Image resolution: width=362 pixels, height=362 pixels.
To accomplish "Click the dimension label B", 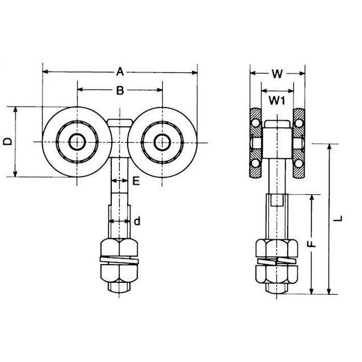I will (x=119, y=91).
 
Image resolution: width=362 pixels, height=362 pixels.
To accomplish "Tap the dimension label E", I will (x=136, y=180).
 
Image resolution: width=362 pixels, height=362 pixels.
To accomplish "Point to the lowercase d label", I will (x=136, y=221).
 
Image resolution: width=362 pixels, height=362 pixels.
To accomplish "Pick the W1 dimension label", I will (x=277, y=101).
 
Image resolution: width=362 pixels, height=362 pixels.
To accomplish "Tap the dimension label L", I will (x=337, y=219).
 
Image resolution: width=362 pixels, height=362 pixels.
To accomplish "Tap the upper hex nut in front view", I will (x=119, y=247).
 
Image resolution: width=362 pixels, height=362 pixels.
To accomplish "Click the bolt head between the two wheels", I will (x=120, y=124).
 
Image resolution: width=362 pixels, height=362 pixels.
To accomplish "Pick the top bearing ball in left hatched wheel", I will (x=256, y=122).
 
